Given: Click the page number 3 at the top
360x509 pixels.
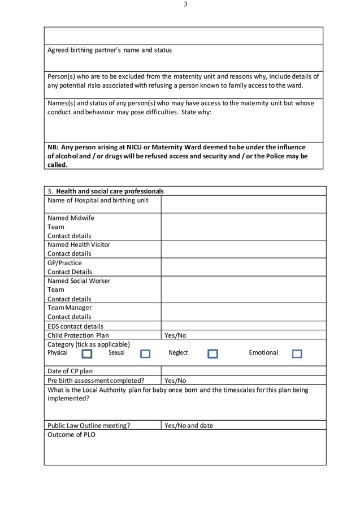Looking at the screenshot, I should [x=185, y=5].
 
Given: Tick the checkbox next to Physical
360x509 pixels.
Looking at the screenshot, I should [x=86, y=354].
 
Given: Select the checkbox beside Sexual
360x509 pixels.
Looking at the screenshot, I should [x=145, y=354].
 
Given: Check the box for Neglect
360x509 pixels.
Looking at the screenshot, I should [x=212, y=354].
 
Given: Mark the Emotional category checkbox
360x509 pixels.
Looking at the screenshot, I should [x=297, y=354].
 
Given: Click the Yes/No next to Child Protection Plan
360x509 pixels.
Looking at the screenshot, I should [x=175, y=335].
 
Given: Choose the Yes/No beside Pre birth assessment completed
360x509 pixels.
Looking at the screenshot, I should [x=175, y=381].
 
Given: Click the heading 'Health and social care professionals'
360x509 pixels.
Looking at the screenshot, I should [x=110, y=191].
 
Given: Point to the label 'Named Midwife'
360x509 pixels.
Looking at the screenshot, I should [x=71, y=218].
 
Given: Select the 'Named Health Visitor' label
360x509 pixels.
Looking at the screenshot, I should [x=79, y=245].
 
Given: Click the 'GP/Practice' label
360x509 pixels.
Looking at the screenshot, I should [x=64, y=263].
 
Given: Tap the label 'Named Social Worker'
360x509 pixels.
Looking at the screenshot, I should [x=79, y=281].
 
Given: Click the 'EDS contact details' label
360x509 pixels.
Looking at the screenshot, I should [x=75, y=326].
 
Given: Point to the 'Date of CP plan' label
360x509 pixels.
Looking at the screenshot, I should [x=70, y=371].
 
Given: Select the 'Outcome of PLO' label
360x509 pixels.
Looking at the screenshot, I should [x=71, y=435].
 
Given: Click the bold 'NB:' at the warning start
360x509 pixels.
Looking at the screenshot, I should [x=53, y=147].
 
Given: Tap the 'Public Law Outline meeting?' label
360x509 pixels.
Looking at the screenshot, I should [x=89, y=426].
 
